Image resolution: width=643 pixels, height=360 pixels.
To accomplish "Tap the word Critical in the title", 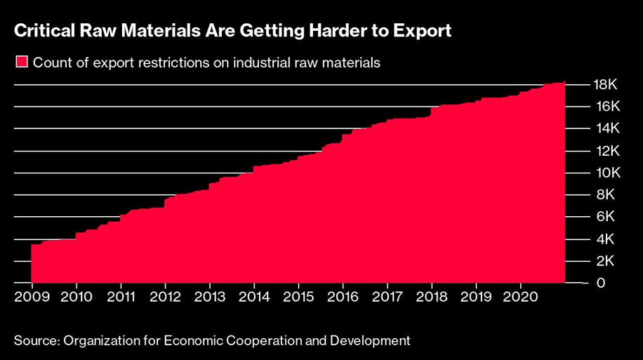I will click(43, 31).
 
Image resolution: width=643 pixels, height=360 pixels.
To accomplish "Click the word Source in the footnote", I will click(34, 341).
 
